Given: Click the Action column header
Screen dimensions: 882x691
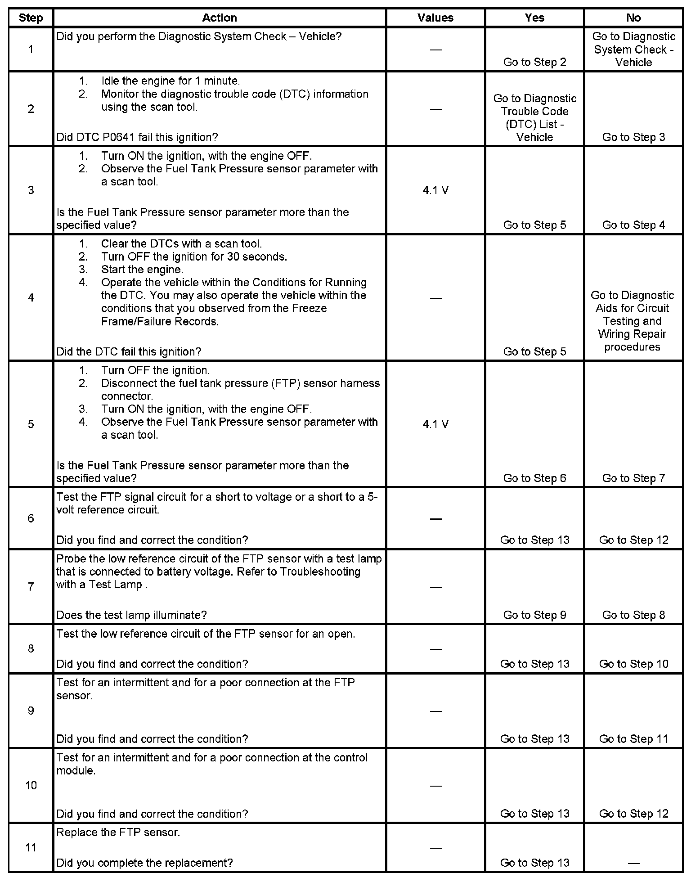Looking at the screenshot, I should pyautogui.click(x=219, y=18).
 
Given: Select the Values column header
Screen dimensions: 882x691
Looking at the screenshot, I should pyautogui.click(x=435, y=18).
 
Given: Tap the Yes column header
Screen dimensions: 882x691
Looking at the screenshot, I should pyautogui.click(x=534, y=18).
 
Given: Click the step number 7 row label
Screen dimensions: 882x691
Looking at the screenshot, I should pyautogui.click(x=31, y=586).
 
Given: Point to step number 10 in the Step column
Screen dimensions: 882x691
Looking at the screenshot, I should pyautogui.click(x=31, y=785).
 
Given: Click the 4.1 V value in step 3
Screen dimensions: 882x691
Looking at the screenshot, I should pyautogui.click(x=435, y=190).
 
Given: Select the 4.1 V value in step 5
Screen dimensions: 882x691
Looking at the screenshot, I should pyautogui.click(x=435, y=424).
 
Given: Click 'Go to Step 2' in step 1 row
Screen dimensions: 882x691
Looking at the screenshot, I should pyautogui.click(x=534, y=63).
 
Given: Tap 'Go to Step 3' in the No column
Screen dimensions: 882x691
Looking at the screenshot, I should pyautogui.click(x=633, y=137).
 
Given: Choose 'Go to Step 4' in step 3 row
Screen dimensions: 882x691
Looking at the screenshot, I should pyautogui.click(x=633, y=225).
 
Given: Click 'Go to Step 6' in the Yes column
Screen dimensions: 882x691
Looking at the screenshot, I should pyautogui.click(x=534, y=478).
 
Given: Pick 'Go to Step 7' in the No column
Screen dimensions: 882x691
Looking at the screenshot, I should pyautogui.click(x=633, y=478).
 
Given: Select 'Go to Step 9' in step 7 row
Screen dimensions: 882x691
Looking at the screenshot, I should pyautogui.click(x=534, y=615).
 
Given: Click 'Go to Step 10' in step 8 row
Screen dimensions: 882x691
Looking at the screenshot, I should pyautogui.click(x=633, y=664).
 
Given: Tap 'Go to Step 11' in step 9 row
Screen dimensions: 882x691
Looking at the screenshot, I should pyautogui.click(x=633, y=739).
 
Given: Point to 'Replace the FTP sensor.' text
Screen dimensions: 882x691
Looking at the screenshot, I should pyautogui.click(x=118, y=832).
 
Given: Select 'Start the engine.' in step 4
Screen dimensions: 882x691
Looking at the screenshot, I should pyautogui.click(x=142, y=270).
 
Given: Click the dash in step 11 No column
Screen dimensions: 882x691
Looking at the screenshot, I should pyautogui.click(x=633, y=863).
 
